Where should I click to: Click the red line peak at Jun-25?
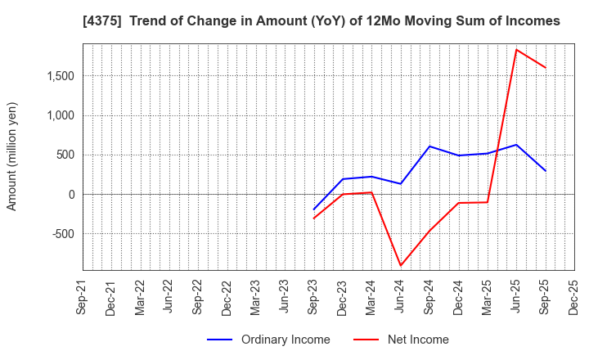[x=516, y=49]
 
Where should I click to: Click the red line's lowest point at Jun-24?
[x=401, y=266]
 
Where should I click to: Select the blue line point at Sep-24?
[x=429, y=146]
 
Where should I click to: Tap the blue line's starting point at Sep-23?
[x=314, y=209]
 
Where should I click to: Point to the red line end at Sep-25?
[x=546, y=68]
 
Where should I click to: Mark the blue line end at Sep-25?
[x=546, y=171]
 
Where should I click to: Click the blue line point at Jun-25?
[x=516, y=145]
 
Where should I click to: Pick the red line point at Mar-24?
[x=371, y=192]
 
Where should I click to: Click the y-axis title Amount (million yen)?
[x=12, y=156]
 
